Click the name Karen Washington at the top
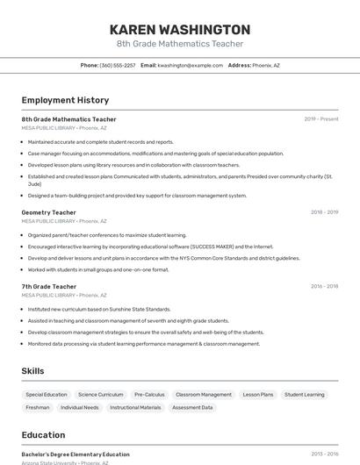pyautogui.click(x=180, y=29)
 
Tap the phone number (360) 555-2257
pyautogui.click(x=118, y=66)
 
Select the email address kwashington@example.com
pyautogui.click(x=190, y=66)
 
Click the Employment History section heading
pyautogui.click(x=65, y=100)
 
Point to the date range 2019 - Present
pyautogui.click(x=321, y=119)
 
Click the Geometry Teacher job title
pyautogui.click(x=49, y=212)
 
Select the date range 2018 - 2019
pyautogui.click(x=324, y=212)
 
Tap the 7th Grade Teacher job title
pyautogui.click(x=49, y=286)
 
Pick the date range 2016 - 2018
pyautogui.click(x=324, y=286)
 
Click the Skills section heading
pyautogui.click(x=32, y=371)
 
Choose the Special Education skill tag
pyautogui.click(x=47, y=395)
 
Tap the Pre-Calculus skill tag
pyautogui.click(x=149, y=395)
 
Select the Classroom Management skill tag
pyautogui.click(x=204, y=395)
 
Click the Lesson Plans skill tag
pyautogui.click(x=258, y=395)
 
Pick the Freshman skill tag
pyautogui.click(x=38, y=407)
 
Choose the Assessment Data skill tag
pyautogui.click(x=192, y=407)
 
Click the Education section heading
pyautogui.click(x=43, y=435)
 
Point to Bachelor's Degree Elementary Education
pyautogui.click(x=76, y=454)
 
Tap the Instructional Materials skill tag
pyautogui.click(x=135, y=407)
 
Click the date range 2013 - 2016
pyautogui.click(x=324, y=454)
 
